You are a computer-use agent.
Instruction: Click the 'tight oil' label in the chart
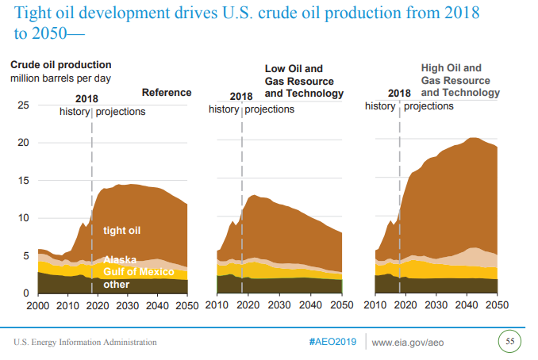pos(121,231)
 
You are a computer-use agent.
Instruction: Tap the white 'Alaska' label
pos(120,260)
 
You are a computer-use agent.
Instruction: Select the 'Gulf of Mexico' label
pos(138,272)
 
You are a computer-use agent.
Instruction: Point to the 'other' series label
pos(116,285)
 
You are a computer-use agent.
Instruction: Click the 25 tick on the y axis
pos(23,105)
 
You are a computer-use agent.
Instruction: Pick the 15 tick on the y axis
pos(23,181)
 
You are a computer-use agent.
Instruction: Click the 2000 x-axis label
pos(38,305)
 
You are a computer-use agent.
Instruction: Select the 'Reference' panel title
pos(166,93)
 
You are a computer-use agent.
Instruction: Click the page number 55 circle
pos(510,342)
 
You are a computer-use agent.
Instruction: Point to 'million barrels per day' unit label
pos(60,79)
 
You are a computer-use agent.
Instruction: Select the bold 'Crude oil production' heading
pos(60,65)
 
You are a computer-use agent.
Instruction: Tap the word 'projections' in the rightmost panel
pos(434,105)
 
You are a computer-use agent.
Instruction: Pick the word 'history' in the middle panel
pos(223,109)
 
